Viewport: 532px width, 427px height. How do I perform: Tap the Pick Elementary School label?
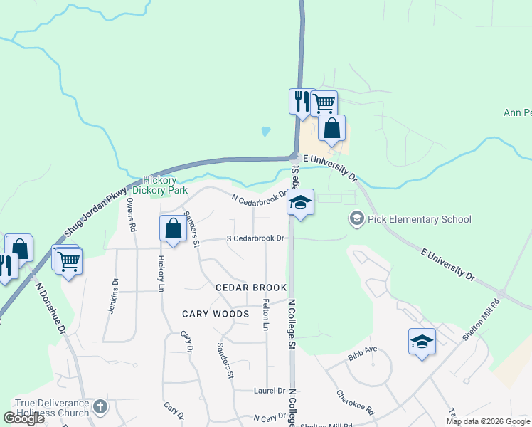[x=419, y=219]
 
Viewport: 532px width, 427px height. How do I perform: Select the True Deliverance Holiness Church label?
[x=45, y=408]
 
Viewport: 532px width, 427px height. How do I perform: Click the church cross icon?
[x=100, y=407]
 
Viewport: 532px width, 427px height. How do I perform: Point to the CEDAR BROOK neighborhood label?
[x=251, y=288]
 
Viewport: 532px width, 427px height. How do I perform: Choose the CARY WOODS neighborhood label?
[x=216, y=314]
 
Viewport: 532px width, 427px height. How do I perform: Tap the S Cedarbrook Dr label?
[x=255, y=238]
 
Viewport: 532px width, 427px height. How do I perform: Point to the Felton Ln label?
[x=266, y=317]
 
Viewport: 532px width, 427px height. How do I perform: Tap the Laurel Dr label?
[x=270, y=391]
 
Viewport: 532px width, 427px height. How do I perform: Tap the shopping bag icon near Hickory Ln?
[x=173, y=228]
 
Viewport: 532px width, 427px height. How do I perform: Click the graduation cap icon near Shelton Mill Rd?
[x=422, y=342]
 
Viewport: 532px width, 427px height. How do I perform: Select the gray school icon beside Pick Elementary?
[x=356, y=219]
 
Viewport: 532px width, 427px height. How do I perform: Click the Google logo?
[x=23, y=418]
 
